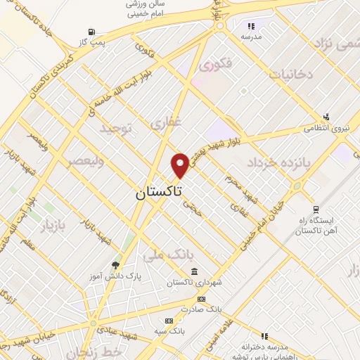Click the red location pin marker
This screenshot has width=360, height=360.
(180, 165)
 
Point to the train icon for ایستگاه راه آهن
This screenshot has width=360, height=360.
(316, 209)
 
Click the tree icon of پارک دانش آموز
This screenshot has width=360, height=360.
(115, 265)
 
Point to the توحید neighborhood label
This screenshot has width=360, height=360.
(115, 128)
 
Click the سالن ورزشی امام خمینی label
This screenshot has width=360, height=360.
(144, 8)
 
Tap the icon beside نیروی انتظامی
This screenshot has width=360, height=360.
(326, 117)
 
